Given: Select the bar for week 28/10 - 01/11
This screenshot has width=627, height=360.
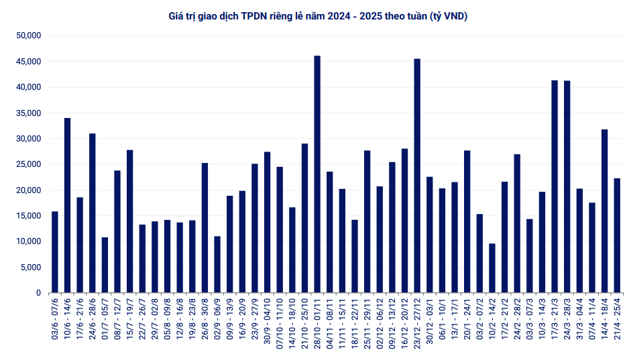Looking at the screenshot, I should (317, 174).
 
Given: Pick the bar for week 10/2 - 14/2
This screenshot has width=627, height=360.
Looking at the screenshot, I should (492, 268).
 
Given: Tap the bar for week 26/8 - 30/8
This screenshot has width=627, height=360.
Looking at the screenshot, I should (205, 228).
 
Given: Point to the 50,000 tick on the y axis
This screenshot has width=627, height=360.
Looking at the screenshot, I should (29, 36).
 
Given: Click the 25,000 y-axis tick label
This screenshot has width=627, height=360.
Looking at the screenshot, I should (29, 164).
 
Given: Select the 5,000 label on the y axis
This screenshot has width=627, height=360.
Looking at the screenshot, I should (31, 267).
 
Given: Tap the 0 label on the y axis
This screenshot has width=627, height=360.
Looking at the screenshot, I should (39, 293).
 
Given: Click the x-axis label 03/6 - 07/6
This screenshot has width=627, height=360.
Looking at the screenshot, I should (55, 320).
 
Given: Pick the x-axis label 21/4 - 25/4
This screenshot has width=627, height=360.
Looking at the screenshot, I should (617, 320).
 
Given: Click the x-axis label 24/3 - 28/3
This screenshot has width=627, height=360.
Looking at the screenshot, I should (567, 320).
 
